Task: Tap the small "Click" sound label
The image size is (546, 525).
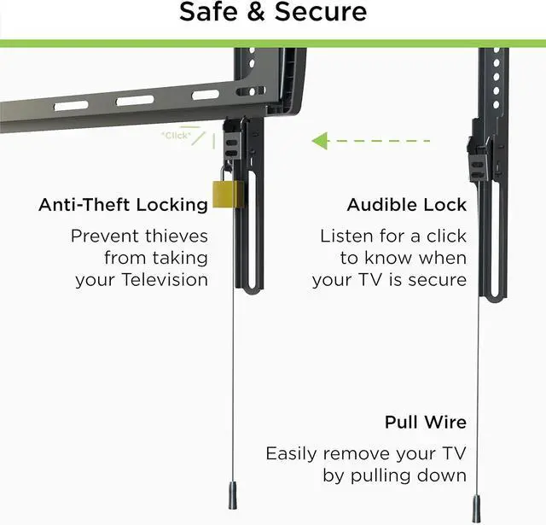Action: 176,135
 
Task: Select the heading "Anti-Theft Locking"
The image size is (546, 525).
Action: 123,205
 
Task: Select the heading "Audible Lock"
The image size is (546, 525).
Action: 406,205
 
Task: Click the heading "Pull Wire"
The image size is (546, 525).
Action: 424,423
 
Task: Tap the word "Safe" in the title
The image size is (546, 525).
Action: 212,13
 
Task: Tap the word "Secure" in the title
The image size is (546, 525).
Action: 320,13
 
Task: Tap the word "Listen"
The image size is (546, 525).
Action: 346,235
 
